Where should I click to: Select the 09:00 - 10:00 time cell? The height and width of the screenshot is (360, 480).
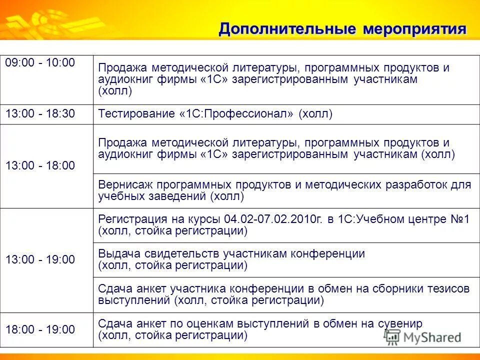(x=40, y=62)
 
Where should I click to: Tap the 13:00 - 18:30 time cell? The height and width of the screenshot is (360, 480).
(x=40, y=114)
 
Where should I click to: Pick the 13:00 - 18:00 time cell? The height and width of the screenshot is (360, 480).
(x=40, y=166)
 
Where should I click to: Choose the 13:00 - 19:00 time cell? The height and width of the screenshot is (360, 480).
(x=40, y=259)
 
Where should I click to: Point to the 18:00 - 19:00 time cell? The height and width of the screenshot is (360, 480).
(x=40, y=329)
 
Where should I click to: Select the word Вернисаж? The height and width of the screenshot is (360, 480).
(x=122, y=184)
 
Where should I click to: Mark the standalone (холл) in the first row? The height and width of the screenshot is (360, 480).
(x=115, y=91)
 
